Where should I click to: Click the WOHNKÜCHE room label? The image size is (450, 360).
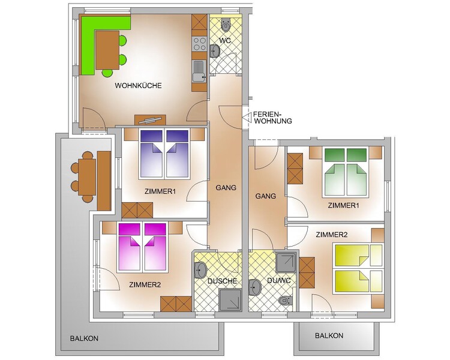pyautogui.click(x=138, y=86)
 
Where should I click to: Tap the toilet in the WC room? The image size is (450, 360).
pyautogui.click(x=226, y=25)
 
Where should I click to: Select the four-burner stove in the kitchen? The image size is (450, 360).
pyautogui.click(x=199, y=44)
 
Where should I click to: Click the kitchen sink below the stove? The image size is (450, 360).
pyautogui.click(x=199, y=71)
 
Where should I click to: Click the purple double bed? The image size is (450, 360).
pyautogui.click(x=164, y=154)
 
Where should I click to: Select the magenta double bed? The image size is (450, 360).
pyautogui.click(x=142, y=247)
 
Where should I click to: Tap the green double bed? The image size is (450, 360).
pyautogui.click(x=346, y=172)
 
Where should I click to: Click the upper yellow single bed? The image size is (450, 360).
pyautogui.click(x=358, y=255)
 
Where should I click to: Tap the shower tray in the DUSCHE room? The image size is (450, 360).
pyautogui.click(x=230, y=300)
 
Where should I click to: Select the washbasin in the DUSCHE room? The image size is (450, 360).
pyautogui.click(x=200, y=270)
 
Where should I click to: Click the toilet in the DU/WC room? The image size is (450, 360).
pyautogui.click(x=286, y=300)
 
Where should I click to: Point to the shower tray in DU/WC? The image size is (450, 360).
pyautogui.click(x=286, y=263)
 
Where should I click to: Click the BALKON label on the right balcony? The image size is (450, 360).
pyautogui.click(x=329, y=335)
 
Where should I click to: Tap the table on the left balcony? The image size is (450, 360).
pyautogui.click(x=86, y=176)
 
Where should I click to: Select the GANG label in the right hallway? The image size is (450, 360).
pyautogui.click(x=265, y=196)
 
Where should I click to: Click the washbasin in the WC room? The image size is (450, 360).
pyautogui.click(x=215, y=51)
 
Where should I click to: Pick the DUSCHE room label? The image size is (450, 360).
pyautogui.click(x=223, y=281)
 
